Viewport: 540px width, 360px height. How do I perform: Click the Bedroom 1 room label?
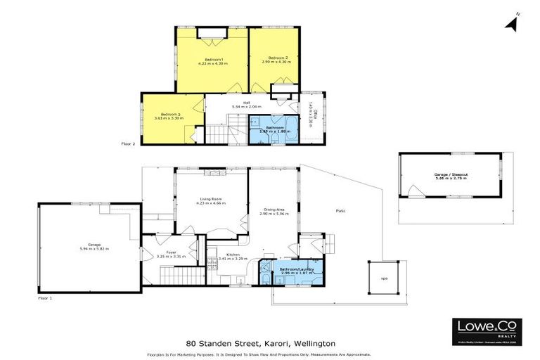click(x=214, y=59)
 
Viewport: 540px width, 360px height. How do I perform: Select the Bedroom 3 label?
click(x=170, y=115)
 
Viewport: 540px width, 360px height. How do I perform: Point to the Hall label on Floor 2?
click(x=246, y=103)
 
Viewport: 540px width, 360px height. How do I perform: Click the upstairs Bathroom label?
click(x=264, y=127)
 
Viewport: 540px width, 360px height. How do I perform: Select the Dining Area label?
click(x=274, y=209)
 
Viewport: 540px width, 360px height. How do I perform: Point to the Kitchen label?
click(x=233, y=255)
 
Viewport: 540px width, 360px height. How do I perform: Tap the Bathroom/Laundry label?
click(x=290, y=269)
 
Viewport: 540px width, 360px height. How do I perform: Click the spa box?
click(x=385, y=278)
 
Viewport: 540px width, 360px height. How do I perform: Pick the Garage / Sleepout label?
click(x=451, y=176)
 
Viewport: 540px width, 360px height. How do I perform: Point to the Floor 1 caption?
click(x=46, y=298)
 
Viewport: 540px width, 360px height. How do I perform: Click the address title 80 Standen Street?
click(x=260, y=343)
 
